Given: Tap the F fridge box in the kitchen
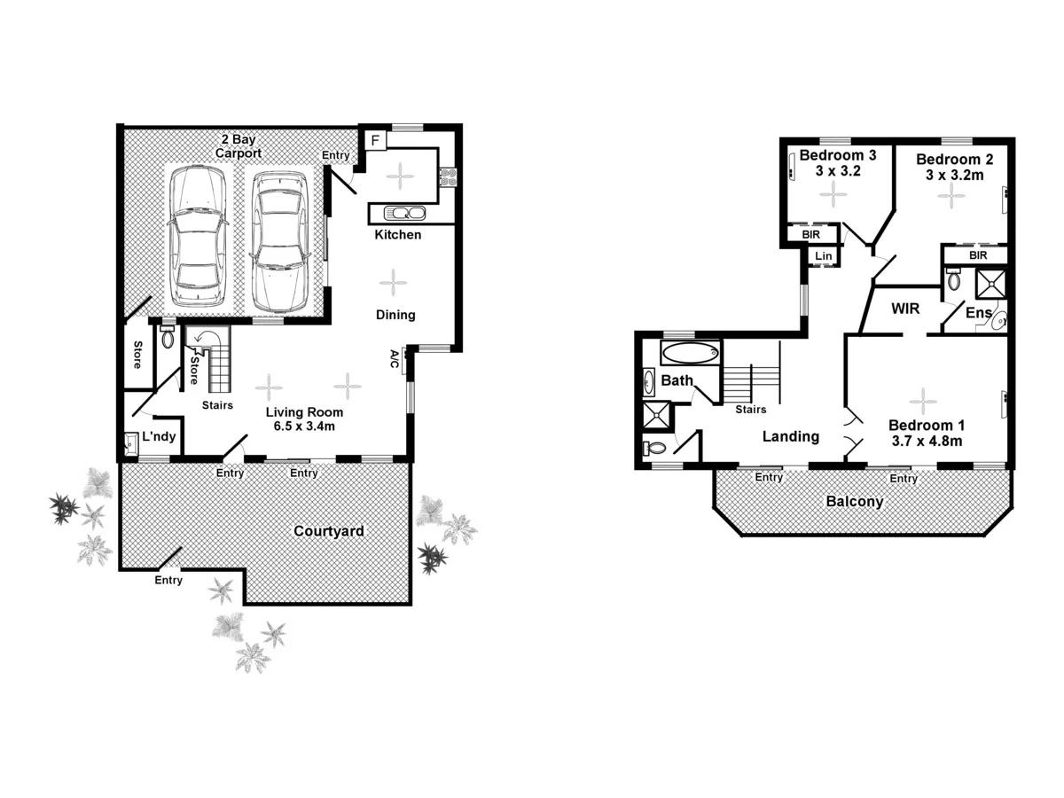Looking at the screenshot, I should tap(375, 141).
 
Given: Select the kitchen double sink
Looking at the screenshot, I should tap(404, 213).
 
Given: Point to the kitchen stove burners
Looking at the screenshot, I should tap(448, 177).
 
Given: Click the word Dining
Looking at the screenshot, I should tap(395, 315).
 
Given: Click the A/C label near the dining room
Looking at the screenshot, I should tap(395, 358).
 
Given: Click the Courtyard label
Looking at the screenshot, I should tap(329, 531).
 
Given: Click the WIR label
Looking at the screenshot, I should tap(905, 309).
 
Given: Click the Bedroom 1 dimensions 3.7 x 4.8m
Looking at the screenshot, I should tap(926, 440).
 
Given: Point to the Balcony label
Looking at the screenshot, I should tap(855, 502).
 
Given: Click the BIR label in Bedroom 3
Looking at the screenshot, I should tap(810, 235).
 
